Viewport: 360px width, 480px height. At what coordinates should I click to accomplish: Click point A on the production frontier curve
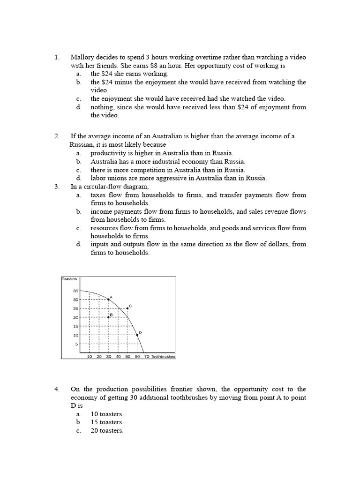(x=109, y=300)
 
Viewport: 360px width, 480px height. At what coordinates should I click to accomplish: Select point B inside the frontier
(x=109, y=317)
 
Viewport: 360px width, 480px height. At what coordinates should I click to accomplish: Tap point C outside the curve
(x=127, y=308)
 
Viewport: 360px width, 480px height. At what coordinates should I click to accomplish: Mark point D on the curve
(x=137, y=335)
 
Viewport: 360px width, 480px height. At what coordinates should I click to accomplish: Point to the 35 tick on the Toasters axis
(x=75, y=291)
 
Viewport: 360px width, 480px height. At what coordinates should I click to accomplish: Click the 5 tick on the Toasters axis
(x=76, y=344)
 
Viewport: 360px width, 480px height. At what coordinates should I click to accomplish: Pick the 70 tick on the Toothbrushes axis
(x=147, y=357)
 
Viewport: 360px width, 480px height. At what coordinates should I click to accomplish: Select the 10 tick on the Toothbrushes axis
(x=90, y=357)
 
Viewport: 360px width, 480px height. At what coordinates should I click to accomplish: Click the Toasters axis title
(x=69, y=279)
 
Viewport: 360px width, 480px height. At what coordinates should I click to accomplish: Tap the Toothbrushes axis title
(x=163, y=357)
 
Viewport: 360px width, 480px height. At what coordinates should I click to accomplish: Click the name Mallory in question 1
(x=82, y=57)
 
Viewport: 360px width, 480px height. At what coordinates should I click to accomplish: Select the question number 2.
(x=57, y=136)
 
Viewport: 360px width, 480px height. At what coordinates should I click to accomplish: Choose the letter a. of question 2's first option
(x=78, y=153)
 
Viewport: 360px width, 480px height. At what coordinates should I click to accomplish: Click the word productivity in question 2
(x=108, y=153)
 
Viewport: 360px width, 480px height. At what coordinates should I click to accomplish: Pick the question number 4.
(x=57, y=389)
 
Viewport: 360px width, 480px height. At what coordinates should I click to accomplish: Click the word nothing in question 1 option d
(x=102, y=107)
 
